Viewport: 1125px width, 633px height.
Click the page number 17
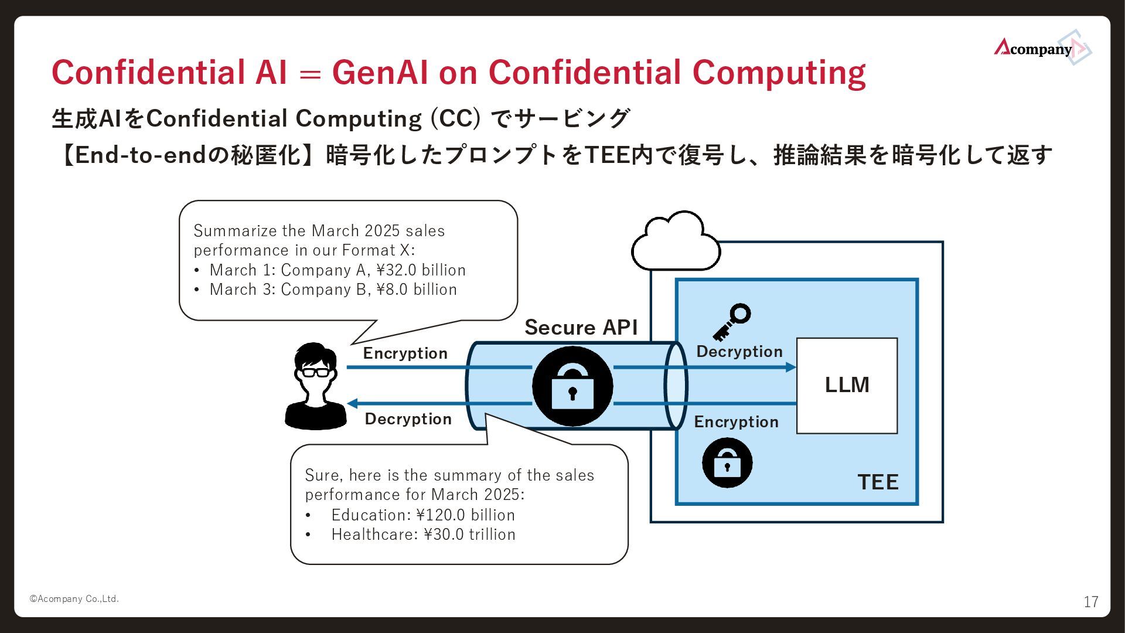1090,602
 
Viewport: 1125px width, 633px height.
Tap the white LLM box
847,385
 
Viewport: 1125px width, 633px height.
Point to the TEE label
878,482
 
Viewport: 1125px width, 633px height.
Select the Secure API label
581,327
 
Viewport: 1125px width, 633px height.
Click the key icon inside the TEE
732,321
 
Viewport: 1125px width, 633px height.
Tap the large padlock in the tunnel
572,386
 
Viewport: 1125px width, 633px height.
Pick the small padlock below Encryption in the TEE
727,462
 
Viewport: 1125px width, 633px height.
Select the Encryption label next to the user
405,353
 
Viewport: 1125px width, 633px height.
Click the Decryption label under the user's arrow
408,418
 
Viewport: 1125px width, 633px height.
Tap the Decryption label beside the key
739,351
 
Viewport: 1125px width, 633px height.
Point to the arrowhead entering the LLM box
790,367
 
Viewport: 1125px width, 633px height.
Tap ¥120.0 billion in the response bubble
465,515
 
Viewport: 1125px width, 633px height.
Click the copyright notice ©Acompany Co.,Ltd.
74,598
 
